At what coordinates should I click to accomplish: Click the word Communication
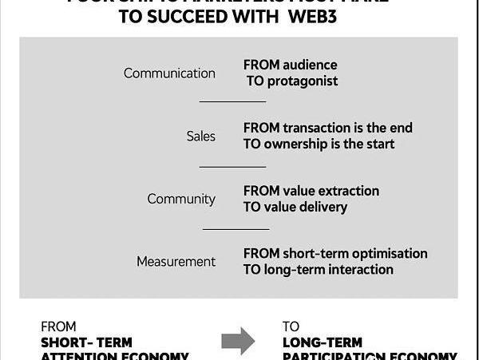click(169, 73)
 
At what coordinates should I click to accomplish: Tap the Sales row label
click(201, 136)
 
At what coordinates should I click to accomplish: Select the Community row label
click(181, 199)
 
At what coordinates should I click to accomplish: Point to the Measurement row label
click(176, 262)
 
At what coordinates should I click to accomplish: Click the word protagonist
click(302, 81)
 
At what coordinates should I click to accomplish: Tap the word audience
click(311, 65)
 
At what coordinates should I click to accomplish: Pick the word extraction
click(348, 191)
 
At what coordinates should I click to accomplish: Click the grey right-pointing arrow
click(238, 342)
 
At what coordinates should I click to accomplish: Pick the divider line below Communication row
click(232, 102)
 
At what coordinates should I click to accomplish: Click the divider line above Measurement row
click(236, 229)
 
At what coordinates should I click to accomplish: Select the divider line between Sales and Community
click(232, 167)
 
